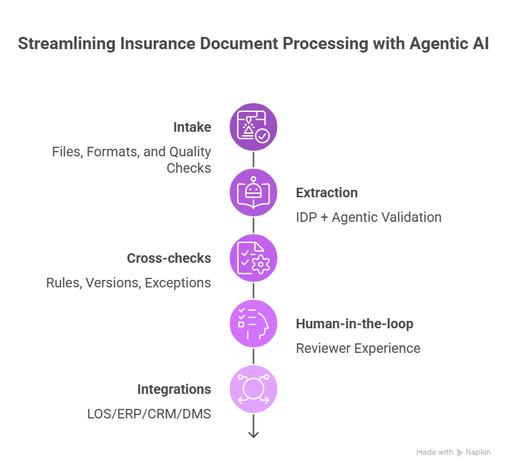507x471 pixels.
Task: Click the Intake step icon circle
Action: point(253,127)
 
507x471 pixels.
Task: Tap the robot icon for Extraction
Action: point(253,193)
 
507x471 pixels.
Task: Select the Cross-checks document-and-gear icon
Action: point(253,259)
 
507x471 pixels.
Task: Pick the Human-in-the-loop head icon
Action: point(253,324)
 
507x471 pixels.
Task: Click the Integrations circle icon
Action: point(253,389)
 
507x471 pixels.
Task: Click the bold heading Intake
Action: point(192,127)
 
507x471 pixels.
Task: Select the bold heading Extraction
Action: point(326,192)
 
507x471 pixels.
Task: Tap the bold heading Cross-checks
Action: point(169,258)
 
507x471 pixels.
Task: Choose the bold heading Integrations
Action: point(174,389)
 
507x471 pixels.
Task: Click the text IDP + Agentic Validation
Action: point(368,217)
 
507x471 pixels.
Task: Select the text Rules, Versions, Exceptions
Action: point(128,283)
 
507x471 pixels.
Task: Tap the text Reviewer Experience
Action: point(358,348)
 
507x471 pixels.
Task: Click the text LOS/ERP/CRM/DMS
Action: point(149,414)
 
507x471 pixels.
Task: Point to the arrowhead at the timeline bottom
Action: point(253,434)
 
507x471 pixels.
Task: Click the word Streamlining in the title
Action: point(62,44)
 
